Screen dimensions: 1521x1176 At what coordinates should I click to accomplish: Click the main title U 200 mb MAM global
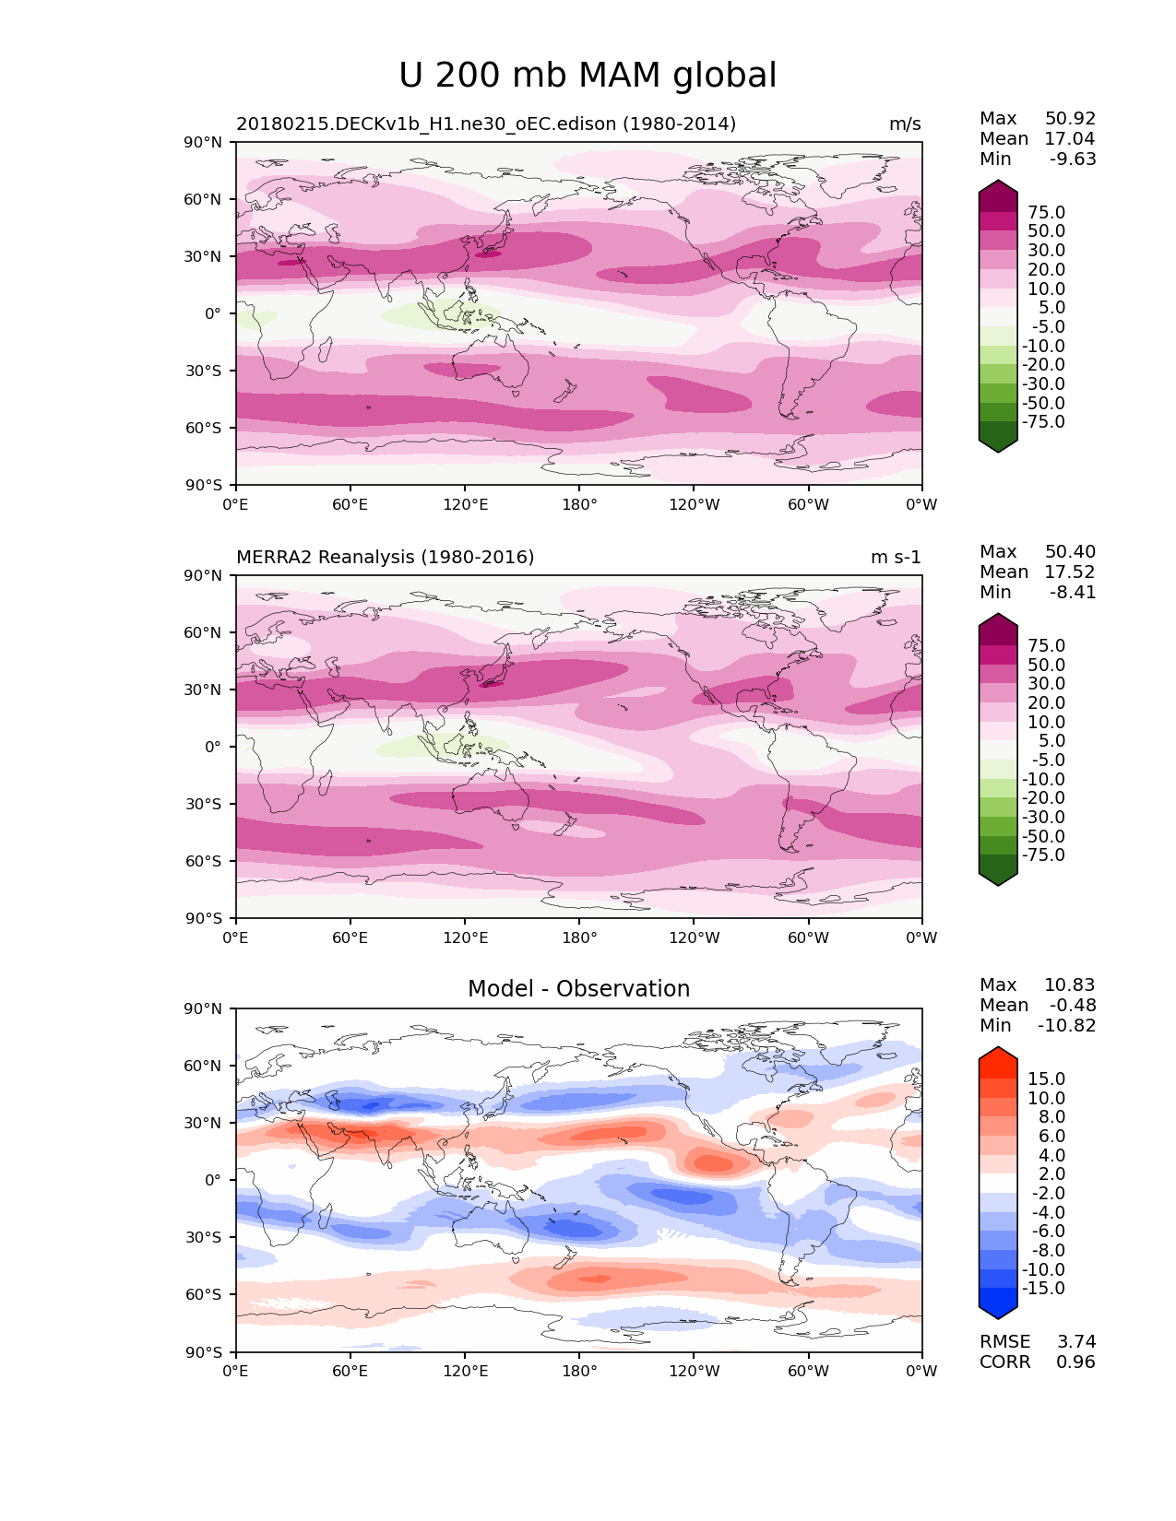(x=588, y=76)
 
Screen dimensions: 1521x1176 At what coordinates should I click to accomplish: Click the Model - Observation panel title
(x=578, y=989)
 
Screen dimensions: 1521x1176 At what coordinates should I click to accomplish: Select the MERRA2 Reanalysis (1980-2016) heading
(x=385, y=558)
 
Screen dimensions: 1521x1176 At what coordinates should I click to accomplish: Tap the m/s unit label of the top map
(x=905, y=124)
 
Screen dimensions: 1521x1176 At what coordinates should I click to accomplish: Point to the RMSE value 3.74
(x=1075, y=1342)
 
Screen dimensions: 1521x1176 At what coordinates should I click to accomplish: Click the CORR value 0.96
(x=1075, y=1362)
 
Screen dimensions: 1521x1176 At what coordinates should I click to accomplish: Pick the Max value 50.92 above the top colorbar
(x=1070, y=119)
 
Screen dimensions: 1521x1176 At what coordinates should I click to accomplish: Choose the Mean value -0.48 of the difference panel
(x=1073, y=1006)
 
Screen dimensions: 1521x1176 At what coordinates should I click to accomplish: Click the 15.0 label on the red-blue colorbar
(x=1046, y=1079)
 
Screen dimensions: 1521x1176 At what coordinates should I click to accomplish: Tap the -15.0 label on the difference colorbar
(x=1043, y=1289)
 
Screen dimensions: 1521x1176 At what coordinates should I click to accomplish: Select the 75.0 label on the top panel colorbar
(x=1046, y=213)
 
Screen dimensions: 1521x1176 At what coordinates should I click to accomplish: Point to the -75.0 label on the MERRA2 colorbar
(x=1043, y=855)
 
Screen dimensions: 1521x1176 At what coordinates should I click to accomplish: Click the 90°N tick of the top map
(x=204, y=143)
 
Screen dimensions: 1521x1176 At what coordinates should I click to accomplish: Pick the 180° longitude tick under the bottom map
(x=579, y=1372)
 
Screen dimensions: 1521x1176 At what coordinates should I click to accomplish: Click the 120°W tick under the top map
(x=695, y=505)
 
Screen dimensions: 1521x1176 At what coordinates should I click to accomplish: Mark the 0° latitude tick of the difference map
(x=212, y=1181)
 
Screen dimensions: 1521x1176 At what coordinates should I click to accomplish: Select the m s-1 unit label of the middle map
(x=896, y=558)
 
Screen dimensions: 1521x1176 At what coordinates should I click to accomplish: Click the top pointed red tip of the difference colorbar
(x=998, y=1051)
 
